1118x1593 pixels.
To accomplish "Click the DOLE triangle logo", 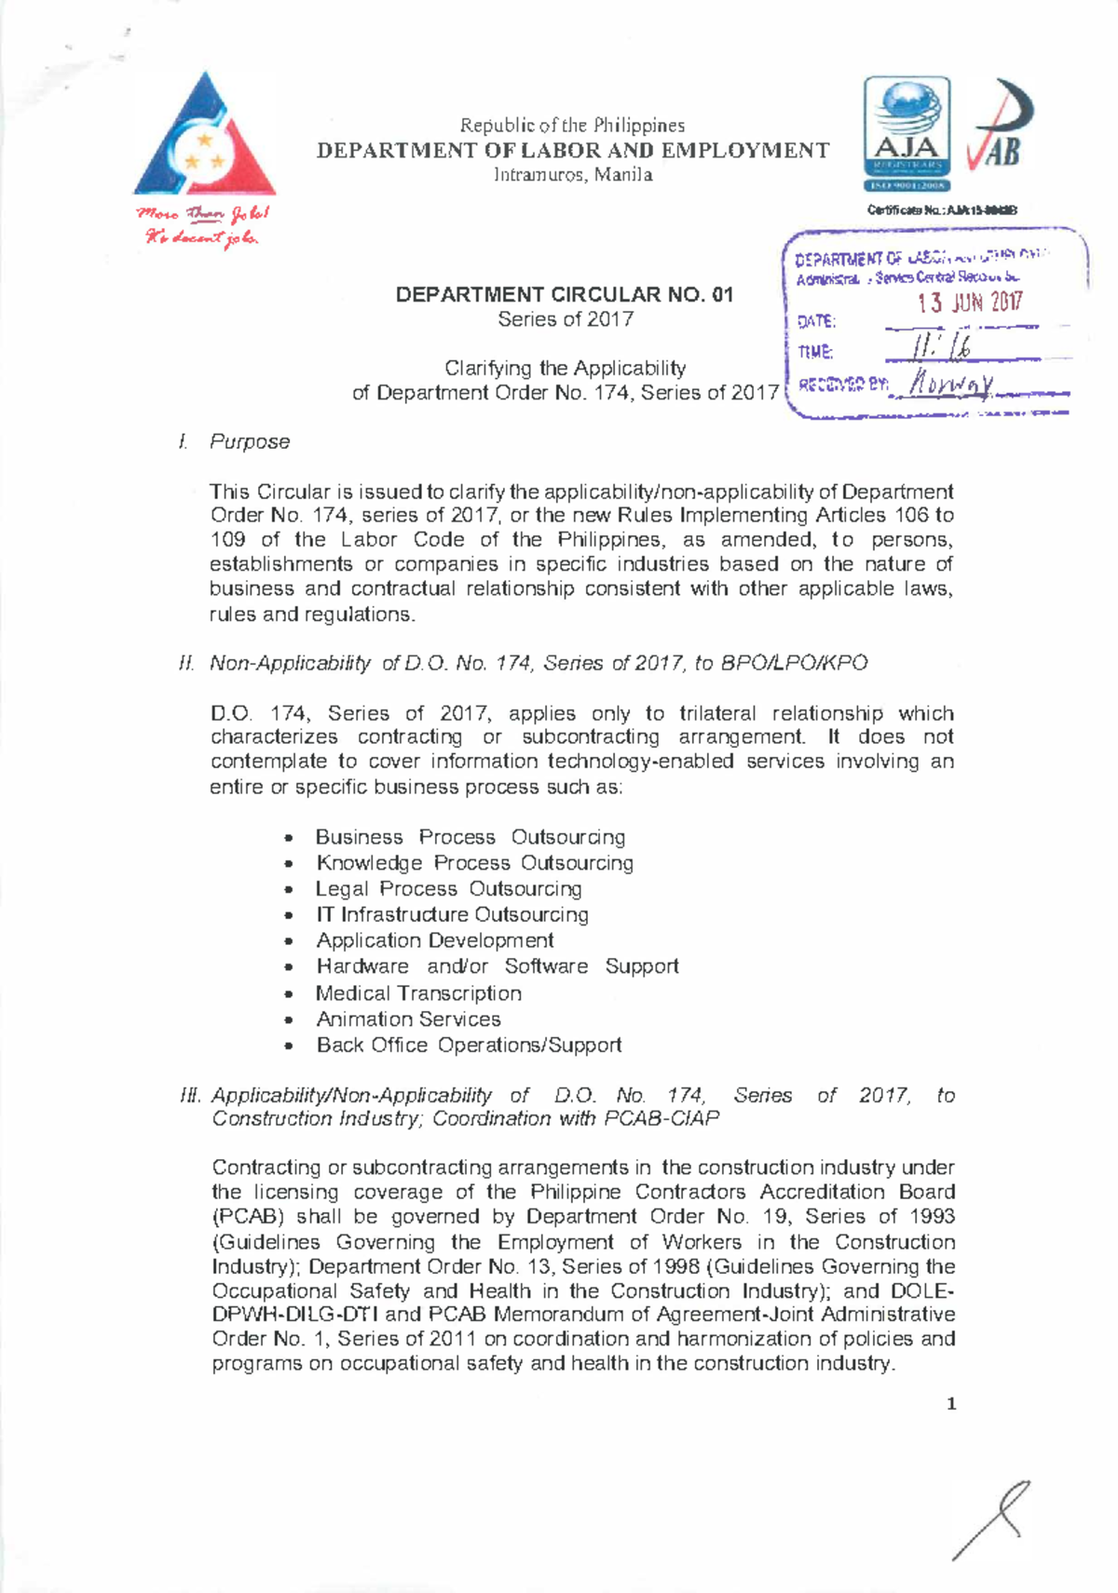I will pyautogui.click(x=205, y=140).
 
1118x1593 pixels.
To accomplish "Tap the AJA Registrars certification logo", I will pyautogui.click(x=907, y=133).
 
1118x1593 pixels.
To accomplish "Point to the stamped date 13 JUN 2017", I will pyautogui.click(x=969, y=303).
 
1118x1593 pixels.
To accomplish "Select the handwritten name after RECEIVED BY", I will pyautogui.click(x=951, y=382).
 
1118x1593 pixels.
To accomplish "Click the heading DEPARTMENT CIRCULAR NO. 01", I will pyautogui.click(x=565, y=295).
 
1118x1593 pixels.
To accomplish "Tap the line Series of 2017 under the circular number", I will pyautogui.click(x=565, y=319).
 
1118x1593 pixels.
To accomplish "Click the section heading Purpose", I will pyautogui.click(x=249, y=441).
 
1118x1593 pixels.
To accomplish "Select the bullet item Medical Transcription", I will pyautogui.click(x=417, y=993).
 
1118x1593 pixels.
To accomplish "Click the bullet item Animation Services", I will pyautogui.click(x=408, y=1019).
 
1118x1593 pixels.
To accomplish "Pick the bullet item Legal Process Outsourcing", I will pyautogui.click(x=448, y=889).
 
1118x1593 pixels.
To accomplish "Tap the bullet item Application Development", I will pyautogui.click(x=434, y=940).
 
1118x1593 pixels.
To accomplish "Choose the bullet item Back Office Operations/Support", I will pyautogui.click(x=469, y=1046).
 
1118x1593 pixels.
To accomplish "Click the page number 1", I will pyautogui.click(x=951, y=1404).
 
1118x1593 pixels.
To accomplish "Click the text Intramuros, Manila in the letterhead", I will pyautogui.click(x=572, y=175).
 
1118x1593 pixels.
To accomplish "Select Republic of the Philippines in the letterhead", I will pyautogui.click(x=572, y=126).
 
